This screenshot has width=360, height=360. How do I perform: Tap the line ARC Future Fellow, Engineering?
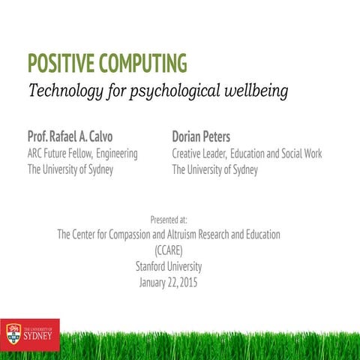(x=82, y=154)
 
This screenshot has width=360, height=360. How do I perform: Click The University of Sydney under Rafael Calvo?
(x=70, y=169)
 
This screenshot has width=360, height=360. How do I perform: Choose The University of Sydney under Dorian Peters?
(x=214, y=169)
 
